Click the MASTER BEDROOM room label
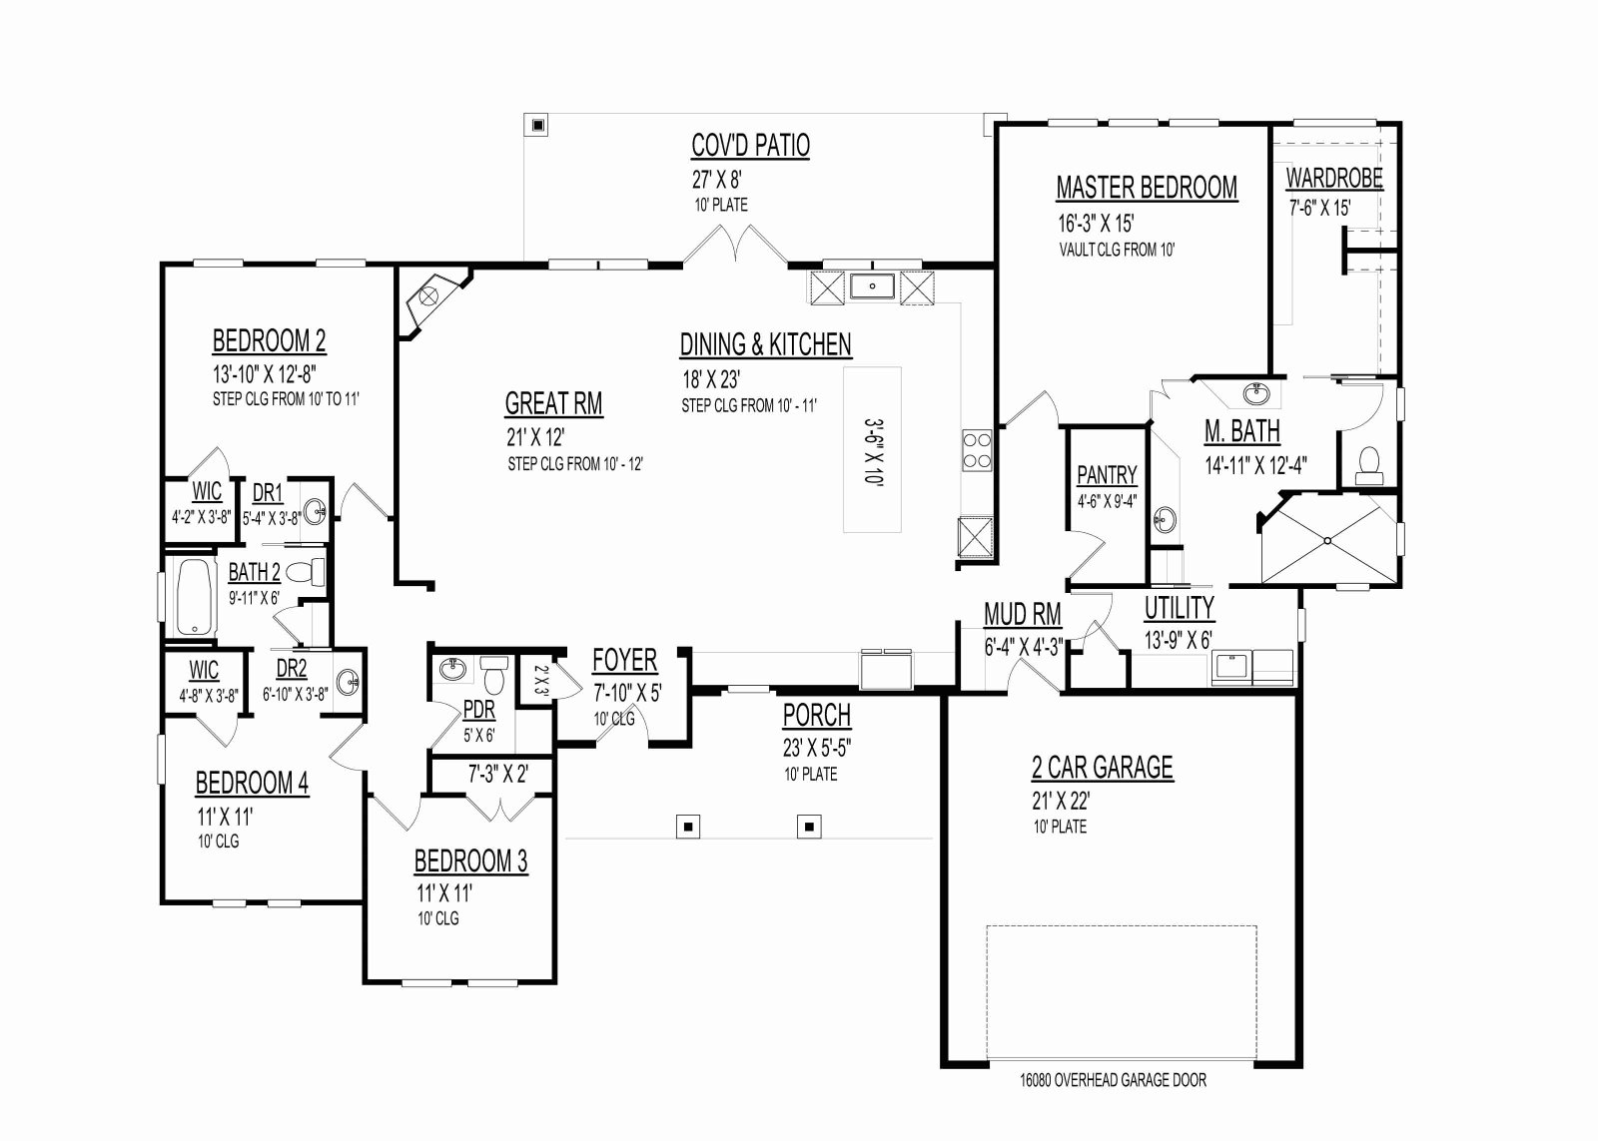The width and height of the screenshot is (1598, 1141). [1147, 188]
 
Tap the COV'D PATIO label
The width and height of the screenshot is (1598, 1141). [750, 145]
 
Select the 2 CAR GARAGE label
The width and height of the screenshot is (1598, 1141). [1103, 768]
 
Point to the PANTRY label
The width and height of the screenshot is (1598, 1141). [1107, 475]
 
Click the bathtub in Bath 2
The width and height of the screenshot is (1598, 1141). [196, 597]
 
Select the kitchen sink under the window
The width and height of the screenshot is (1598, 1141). [872, 286]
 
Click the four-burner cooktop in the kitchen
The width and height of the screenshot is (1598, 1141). [977, 450]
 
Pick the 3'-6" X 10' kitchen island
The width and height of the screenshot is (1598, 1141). [872, 449]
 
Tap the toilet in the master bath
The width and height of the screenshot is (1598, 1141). [1368, 465]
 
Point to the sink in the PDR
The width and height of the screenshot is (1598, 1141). [451, 669]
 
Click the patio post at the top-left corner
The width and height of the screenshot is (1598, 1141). [538, 126]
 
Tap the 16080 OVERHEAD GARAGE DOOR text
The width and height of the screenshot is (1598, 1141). [1113, 1080]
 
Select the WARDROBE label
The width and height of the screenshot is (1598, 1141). [1334, 179]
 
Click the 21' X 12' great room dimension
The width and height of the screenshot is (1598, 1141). [535, 437]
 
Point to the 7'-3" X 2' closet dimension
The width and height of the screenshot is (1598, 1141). [498, 774]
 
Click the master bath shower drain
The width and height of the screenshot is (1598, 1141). [1327, 540]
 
